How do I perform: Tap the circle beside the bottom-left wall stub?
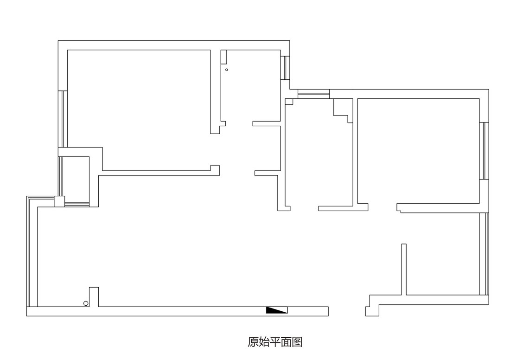(x=86, y=303)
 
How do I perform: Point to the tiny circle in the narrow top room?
(x=227, y=70)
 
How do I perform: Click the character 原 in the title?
(x=253, y=342)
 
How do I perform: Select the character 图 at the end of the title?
(x=297, y=342)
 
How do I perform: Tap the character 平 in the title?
(x=275, y=342)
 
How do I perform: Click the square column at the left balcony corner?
(x=59, y=201)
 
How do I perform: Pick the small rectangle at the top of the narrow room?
(x=224, y=57)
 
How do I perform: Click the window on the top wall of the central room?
(x=313, y=94)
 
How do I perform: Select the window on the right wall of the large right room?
(x=484, y=151)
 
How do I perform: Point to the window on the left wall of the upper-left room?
(x=63, y=119)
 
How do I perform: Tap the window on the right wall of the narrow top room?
(x=285, y=68)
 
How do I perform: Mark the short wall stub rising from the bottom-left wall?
(x=94, y=297)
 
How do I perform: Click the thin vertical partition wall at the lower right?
(x=404, y=270)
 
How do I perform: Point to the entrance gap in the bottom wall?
(x=347, y=311)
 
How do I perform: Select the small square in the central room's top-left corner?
(x=289, y=102)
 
